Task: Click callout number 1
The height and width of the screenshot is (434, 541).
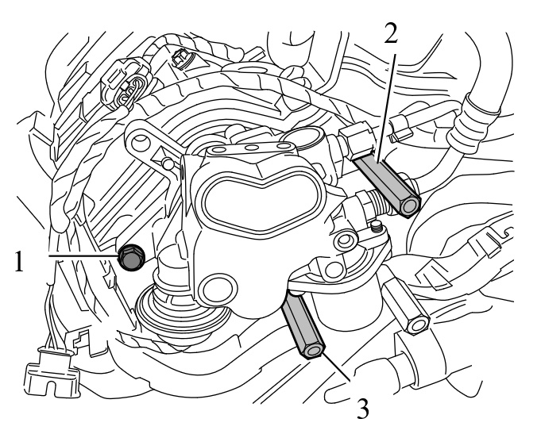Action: pos(19,262)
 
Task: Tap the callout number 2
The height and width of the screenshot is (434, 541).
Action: pos(391,34)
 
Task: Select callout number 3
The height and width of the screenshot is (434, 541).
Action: pos(362,409)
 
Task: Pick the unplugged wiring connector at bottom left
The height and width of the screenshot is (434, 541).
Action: pos(52,372)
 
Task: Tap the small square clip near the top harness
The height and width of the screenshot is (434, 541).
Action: pos(180,58)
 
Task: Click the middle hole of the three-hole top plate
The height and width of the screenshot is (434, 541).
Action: pos(253,148)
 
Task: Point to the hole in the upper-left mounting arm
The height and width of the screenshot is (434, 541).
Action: pos(141,140)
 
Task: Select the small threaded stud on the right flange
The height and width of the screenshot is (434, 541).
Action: pos(376,226)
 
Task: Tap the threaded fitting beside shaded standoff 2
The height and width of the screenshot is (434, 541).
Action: pos(376,206)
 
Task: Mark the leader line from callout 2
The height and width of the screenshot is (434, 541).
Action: pos(386,108)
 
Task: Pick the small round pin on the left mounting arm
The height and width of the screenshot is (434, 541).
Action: pos(168,163)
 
